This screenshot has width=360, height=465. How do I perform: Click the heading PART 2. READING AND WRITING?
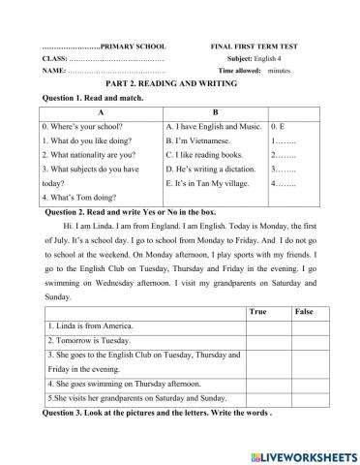179,85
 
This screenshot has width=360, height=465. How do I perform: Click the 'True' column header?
257,311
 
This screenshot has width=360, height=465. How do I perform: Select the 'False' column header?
304,311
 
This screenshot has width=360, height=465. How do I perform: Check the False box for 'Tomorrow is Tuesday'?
304,341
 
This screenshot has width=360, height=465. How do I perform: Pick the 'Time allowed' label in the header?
241,72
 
